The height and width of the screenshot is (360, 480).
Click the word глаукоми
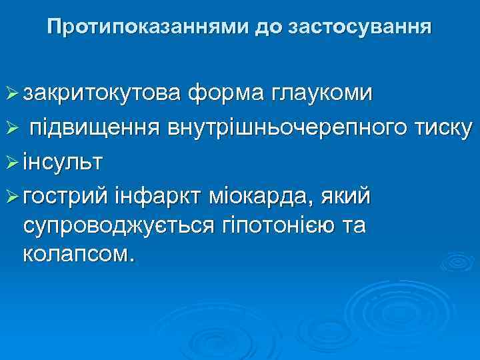pos(321,93)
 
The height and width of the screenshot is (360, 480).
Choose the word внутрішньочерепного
pos(282,127)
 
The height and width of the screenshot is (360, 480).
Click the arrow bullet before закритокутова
pos(11,94)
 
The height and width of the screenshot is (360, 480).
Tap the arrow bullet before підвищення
pos(11,127)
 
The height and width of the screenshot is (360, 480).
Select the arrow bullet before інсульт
pos(11,161)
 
